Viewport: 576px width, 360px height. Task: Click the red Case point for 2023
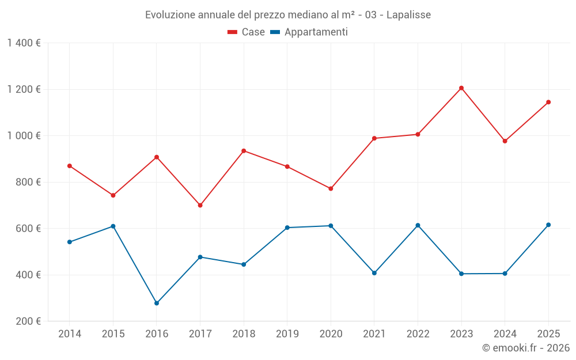(461, 88)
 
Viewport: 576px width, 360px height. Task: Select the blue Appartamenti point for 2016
(157, 303)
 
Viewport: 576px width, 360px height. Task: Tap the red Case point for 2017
(200, 205)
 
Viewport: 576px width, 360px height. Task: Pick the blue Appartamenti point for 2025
(548, 225)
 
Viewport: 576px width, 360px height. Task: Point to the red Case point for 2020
(331, 188)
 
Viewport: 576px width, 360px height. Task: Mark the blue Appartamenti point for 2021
(374, 273)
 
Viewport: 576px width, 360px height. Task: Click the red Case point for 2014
(70, 166)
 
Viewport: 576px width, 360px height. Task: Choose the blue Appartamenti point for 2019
(287, 228)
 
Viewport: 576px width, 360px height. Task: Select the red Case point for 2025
(548, 102)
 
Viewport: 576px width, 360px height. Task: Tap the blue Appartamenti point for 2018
(244, 264)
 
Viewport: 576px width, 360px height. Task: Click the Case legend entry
(247, 32)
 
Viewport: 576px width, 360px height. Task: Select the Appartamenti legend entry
(309, 32)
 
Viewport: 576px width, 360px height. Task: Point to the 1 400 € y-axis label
(24, 43)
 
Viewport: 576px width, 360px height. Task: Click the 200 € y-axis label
(28, 321)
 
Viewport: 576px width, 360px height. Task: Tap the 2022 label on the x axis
(418, 334)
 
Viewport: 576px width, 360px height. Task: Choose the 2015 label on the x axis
(113, 334)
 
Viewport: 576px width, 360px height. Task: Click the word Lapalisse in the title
(408, 15)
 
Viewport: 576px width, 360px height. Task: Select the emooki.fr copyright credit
(525, 348)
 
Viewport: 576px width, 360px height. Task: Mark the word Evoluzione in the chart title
(171, 15)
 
